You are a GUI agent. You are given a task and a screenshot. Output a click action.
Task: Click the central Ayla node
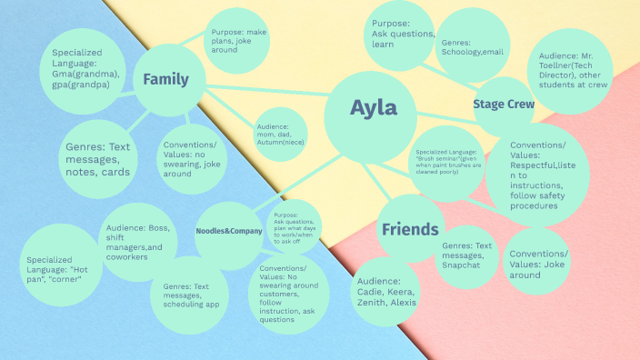[x=373, y=109]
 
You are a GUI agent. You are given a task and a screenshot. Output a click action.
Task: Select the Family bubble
[x=166, y=80]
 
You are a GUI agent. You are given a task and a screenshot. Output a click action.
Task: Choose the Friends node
[x=409, y=229]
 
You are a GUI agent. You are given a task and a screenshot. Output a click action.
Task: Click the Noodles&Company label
[x=229, y=231]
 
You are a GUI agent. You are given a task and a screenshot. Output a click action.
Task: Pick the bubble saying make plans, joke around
[x=236, y=42]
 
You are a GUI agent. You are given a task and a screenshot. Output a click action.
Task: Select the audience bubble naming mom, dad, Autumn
[x=280, y=135]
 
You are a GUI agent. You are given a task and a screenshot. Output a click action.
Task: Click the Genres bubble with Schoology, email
[x=471, y=47]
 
